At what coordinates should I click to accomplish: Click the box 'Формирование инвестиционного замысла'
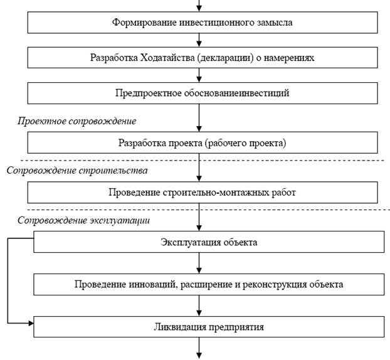coord(203,23)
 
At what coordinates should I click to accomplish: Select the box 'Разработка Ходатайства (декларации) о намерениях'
coord(203,58)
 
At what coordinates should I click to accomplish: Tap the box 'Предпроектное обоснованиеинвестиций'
coord(203,93)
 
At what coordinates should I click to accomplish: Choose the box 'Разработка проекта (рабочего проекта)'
coord(203,142)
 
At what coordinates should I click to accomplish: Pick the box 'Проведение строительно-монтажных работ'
coord(203,192)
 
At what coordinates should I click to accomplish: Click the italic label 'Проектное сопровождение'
coord(76,120)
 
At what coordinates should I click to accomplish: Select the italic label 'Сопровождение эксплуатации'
coord(83,221)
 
